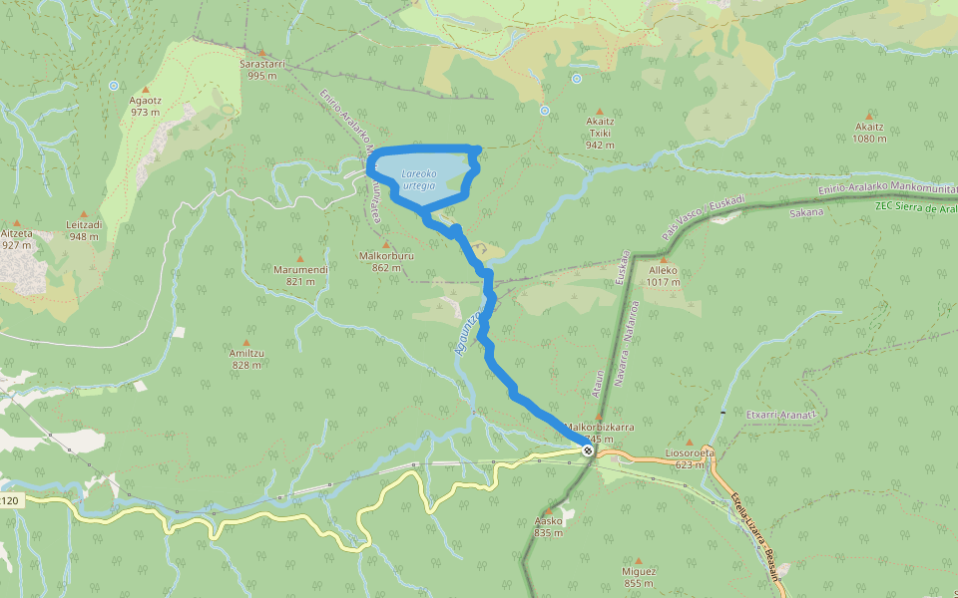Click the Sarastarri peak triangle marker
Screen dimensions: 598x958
(262, 53)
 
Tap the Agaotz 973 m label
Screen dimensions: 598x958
(146, 106)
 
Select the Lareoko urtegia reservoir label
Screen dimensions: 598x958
(418, 179)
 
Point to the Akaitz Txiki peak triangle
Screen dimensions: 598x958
(600, 112)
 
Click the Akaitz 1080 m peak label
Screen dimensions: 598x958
(869, 133)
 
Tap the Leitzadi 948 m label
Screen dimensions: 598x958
(84, 230)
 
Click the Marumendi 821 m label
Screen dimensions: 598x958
(300, 274)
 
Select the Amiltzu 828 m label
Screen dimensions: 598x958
(246, 359)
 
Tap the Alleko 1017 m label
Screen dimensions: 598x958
(664, 275)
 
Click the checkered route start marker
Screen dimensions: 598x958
(588, 450)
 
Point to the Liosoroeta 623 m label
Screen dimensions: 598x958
(690, 457)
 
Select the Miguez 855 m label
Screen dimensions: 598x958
(639, 576)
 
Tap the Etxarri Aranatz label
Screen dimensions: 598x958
(781, 413)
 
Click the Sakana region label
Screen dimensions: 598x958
(806, 212)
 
